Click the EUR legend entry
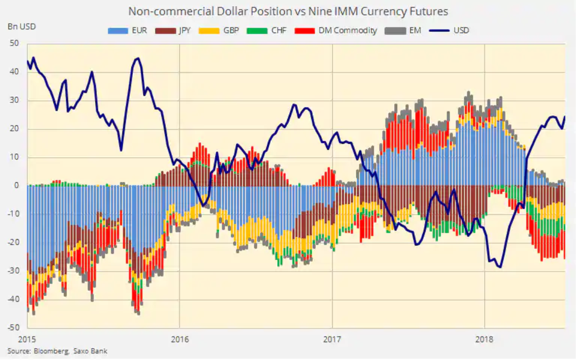click(x=131, y=31)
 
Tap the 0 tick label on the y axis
click(x=16, y=186)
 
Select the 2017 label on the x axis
click(x=332, y=339)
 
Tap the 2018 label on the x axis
click(x=484, y=339)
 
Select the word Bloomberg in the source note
click(x=50, y=351)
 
